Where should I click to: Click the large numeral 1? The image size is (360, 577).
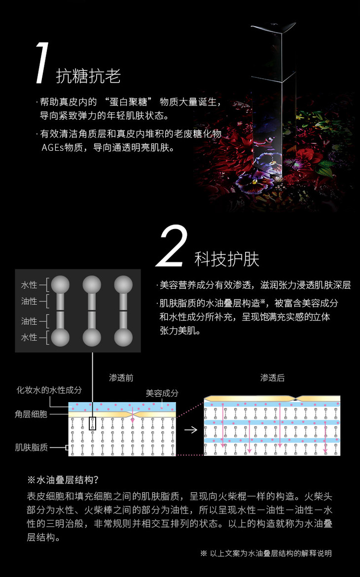(42, 63)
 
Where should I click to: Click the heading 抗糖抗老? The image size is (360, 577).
(88, 76)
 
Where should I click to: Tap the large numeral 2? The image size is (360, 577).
(172, 245)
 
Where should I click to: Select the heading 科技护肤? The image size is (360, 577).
(227, 259)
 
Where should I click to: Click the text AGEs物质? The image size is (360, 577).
(62, 147)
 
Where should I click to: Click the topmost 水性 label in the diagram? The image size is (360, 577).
(29, 285)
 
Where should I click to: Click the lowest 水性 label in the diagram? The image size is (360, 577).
(29, 337)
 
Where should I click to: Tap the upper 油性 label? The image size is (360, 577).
(29, 302)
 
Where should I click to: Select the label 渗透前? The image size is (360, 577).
(121, 378)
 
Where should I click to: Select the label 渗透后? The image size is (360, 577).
(272, 378)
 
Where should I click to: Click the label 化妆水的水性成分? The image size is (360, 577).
(49, 390)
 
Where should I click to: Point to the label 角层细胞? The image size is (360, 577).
(31, 414)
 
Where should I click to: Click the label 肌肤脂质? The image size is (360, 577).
(31, 447)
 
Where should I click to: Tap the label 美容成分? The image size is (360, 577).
(162, 393)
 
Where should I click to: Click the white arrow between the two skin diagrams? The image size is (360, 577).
(190, 430)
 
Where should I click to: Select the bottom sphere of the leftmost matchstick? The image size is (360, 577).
(60, 338)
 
